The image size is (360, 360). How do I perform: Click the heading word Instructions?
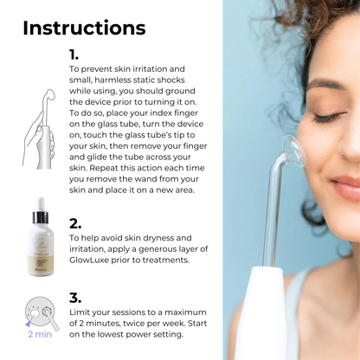[x=84, y=28]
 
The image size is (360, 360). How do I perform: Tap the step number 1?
[x=74, y=55]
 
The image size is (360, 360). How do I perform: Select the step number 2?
[x=75, y=222]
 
